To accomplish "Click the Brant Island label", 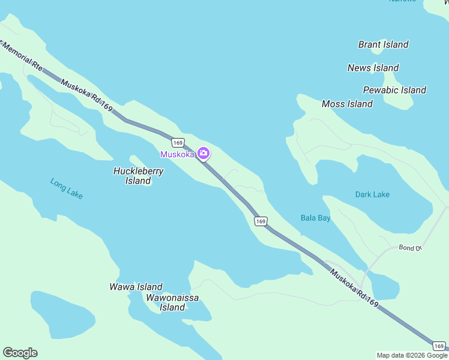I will [383, 44].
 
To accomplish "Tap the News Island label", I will [373, 68].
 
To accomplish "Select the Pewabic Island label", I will [394, 90].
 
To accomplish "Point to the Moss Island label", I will [347, 104].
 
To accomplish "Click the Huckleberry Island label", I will [138, 176].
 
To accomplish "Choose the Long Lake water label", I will [67, 188].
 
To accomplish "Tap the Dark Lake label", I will [372, 194].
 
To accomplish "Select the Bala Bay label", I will [315, 218].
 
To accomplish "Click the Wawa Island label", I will [136, 287].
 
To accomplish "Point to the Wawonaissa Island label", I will [172, 302].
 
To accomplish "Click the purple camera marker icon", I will [203, 154].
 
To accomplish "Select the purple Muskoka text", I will [177, 154].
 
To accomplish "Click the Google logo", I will [20, 353].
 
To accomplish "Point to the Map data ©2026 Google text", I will [412, 355].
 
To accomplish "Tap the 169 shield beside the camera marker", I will [177, 142].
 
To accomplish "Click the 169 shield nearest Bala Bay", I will [260, 221].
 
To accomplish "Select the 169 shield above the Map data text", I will [439, 346].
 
